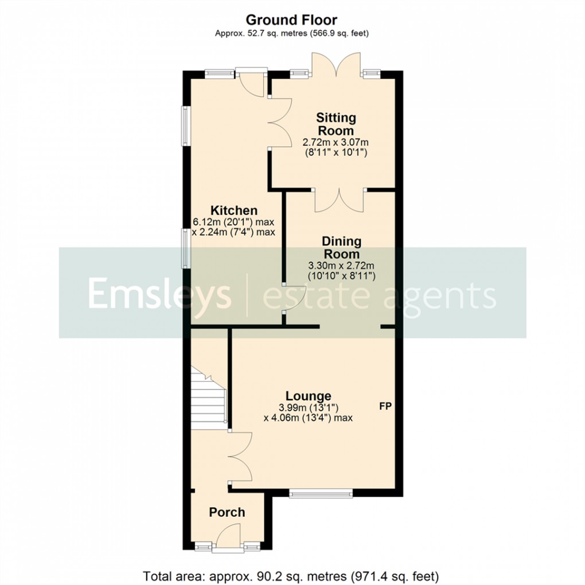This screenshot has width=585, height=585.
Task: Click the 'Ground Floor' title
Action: pos(292,20)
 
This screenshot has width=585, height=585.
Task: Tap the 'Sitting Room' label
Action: pos(336,124)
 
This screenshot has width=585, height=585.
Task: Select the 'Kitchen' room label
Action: pos(233,210)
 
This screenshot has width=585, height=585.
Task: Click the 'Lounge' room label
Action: pos(309,396)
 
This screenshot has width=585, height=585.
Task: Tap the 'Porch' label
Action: pos(227,512)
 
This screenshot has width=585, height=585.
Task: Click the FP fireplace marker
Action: pos(385,407)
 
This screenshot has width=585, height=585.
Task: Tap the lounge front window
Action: pos(321,493)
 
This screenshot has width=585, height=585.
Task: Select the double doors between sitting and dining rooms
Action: pos(340,201)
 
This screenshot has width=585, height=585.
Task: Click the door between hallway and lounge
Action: pos(241,456)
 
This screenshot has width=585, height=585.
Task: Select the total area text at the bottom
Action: pos(291,575)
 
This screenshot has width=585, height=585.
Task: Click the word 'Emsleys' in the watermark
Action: pos(159,294)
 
